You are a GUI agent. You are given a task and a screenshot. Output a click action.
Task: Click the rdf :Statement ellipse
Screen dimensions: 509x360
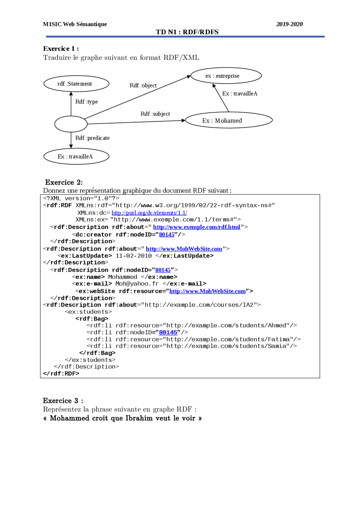(76, 84)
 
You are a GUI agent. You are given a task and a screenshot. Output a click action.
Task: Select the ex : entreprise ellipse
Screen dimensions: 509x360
(226, 76)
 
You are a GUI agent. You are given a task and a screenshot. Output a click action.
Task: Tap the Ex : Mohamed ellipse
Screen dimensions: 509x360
(229, 120)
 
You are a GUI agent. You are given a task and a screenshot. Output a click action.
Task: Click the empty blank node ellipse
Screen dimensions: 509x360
(71, 124)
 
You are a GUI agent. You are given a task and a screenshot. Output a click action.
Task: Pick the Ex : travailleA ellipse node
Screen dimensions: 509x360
(76, 157)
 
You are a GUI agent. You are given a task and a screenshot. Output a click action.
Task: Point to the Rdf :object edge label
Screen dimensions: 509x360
(143, 85)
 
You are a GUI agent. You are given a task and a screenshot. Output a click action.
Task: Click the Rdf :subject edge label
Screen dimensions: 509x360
(155, 114)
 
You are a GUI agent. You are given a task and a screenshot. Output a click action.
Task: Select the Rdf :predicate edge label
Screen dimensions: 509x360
(92, 138)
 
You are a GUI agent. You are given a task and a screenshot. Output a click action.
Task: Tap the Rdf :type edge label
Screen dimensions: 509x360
(86, 102)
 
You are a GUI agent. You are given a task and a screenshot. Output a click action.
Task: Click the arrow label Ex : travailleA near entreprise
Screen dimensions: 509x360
(240, 94)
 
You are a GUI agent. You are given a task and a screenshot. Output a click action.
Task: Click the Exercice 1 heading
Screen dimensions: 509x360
(61, 49)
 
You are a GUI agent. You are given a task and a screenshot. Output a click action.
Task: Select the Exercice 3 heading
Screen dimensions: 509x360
(63, 401)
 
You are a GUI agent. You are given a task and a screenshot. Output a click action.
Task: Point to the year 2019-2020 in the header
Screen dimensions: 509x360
(289, 24)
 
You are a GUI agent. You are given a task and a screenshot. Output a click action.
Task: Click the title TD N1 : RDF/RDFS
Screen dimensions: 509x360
(187, 32)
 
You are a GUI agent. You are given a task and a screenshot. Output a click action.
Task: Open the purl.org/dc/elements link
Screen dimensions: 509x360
(149, 213)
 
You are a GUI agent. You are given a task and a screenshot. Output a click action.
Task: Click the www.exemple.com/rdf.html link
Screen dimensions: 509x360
(197, 227)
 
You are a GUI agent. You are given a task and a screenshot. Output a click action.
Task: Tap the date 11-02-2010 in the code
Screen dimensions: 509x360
(134, 256)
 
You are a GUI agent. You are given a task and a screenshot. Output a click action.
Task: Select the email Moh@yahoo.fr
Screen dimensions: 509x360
(137, 284)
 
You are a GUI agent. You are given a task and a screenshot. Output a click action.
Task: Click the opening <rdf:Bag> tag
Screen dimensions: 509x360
(92, 319)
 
